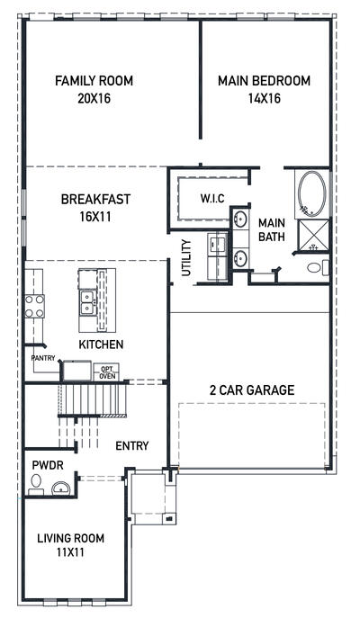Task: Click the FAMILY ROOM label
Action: click(94, 81)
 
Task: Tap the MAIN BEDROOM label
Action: click(264, 81)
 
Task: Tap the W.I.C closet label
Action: click(212, 198)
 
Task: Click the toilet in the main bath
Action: click(315, 267)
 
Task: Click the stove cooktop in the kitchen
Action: click(34, 307)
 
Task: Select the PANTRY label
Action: click(42, 358)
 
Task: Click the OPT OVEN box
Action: click(107, 371)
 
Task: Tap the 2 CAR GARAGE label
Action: click(252, 390)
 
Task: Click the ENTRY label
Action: click(131, 445)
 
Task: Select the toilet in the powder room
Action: click(35, 483)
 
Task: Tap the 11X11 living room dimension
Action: click(70, 553)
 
